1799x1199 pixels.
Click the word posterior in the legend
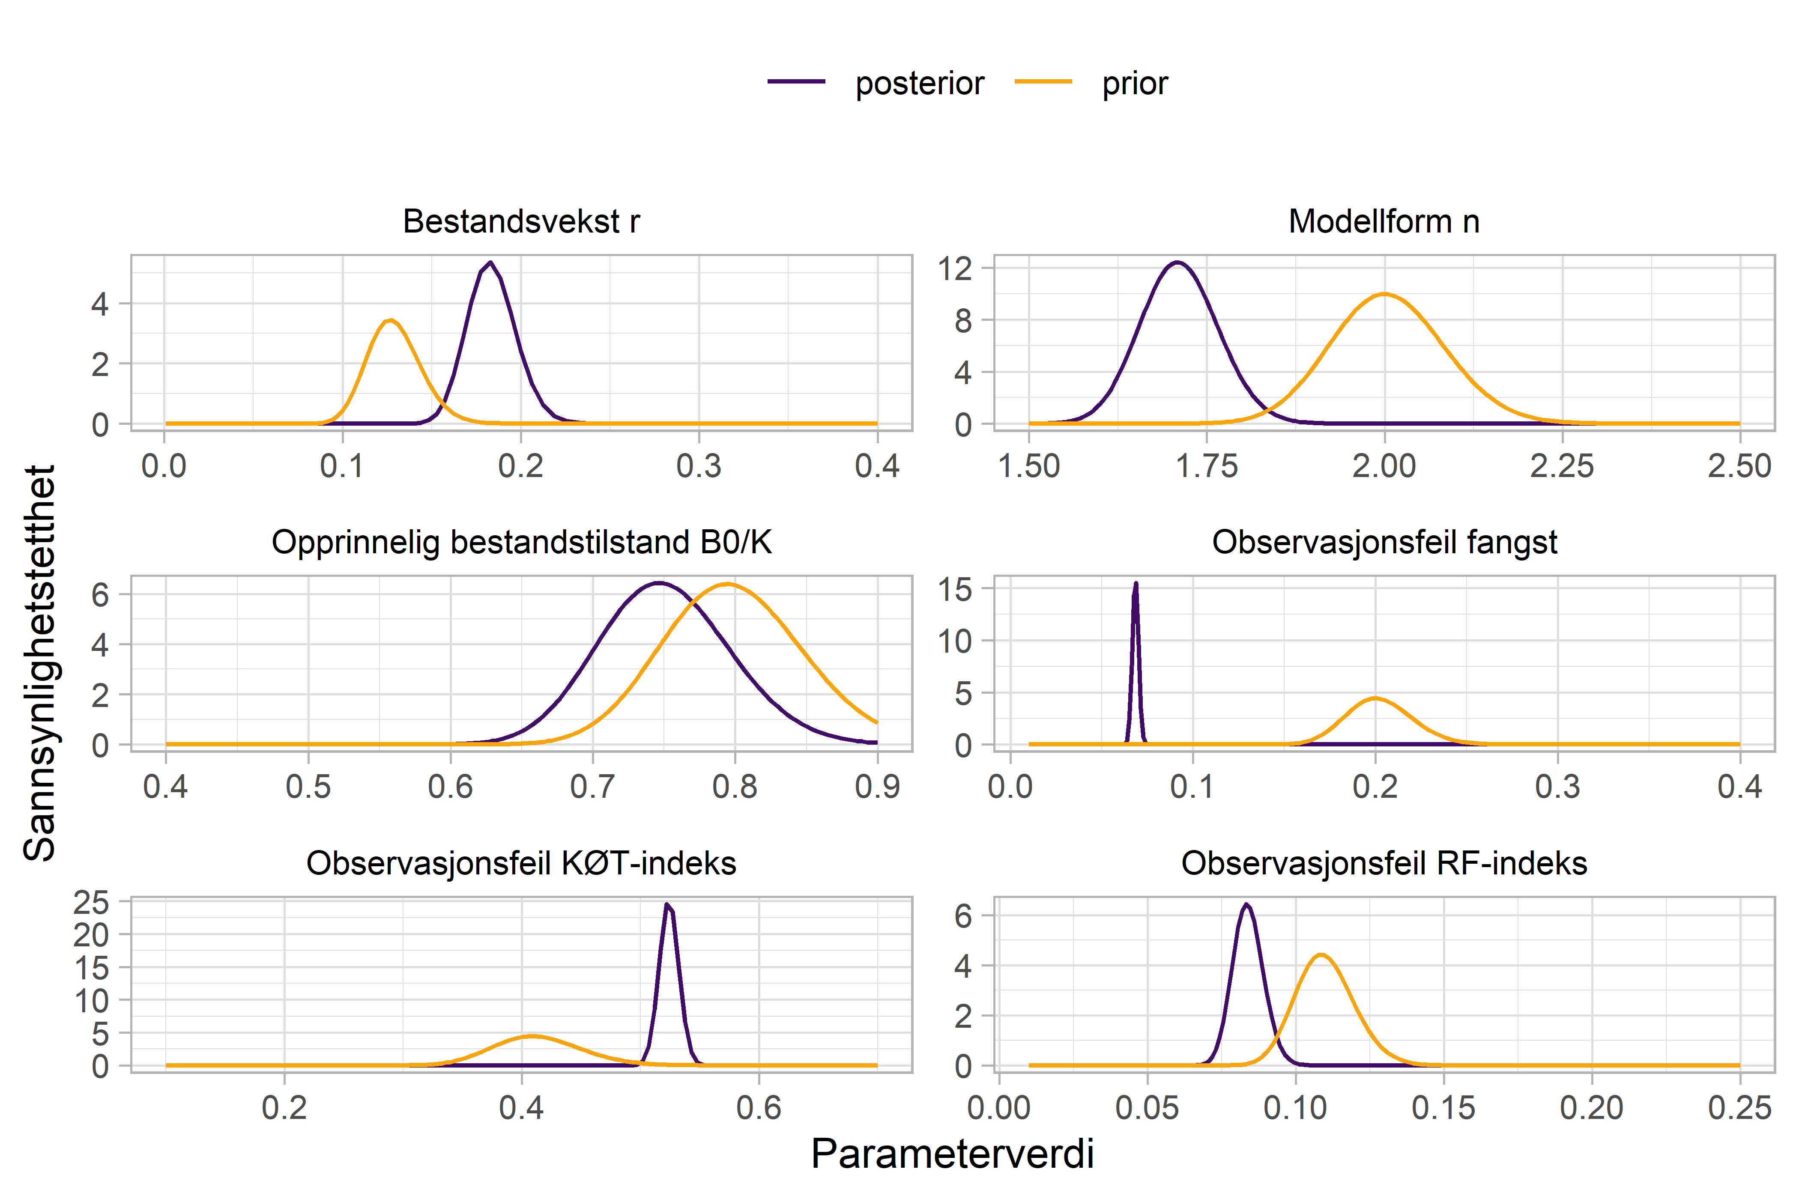pyautogui.click(x=919, y=84)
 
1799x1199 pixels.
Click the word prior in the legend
pyautogui.click(x=1134, y=84)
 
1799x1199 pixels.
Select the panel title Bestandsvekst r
pyautogui.click(x=521, y=222)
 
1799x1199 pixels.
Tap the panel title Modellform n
pyautogui.click(x=1384, y=222)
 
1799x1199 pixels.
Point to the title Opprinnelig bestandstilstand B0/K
pyautogui.click(x=521, y=542)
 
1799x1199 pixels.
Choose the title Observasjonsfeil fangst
pyautogui.click(x=1384, y=542)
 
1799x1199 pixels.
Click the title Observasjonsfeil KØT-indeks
pyautogui.click(x=521, y=863)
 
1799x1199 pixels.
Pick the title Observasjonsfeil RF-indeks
pyautogui.click(x=1384, y=863)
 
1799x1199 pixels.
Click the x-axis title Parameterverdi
pyautogui.click(x=952, y=1154)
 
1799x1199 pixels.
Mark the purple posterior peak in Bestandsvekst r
pyautogui.click(x=490, y=263)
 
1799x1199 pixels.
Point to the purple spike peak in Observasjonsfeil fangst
pyautogui.click(x=1136, y=584)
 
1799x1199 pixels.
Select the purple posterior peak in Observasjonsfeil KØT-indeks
pyautogui.click(x=668, y=904)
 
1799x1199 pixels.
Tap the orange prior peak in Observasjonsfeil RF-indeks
pyautogui.click(x=1321, y=954)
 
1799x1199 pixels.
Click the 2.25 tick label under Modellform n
pyautogui.click(x=1562, y=466)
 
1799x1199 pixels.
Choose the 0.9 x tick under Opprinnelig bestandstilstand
pyautogui.click(x=876, y=787)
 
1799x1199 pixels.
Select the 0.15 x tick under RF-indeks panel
pyautogui.click(x=1443, y=1108)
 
